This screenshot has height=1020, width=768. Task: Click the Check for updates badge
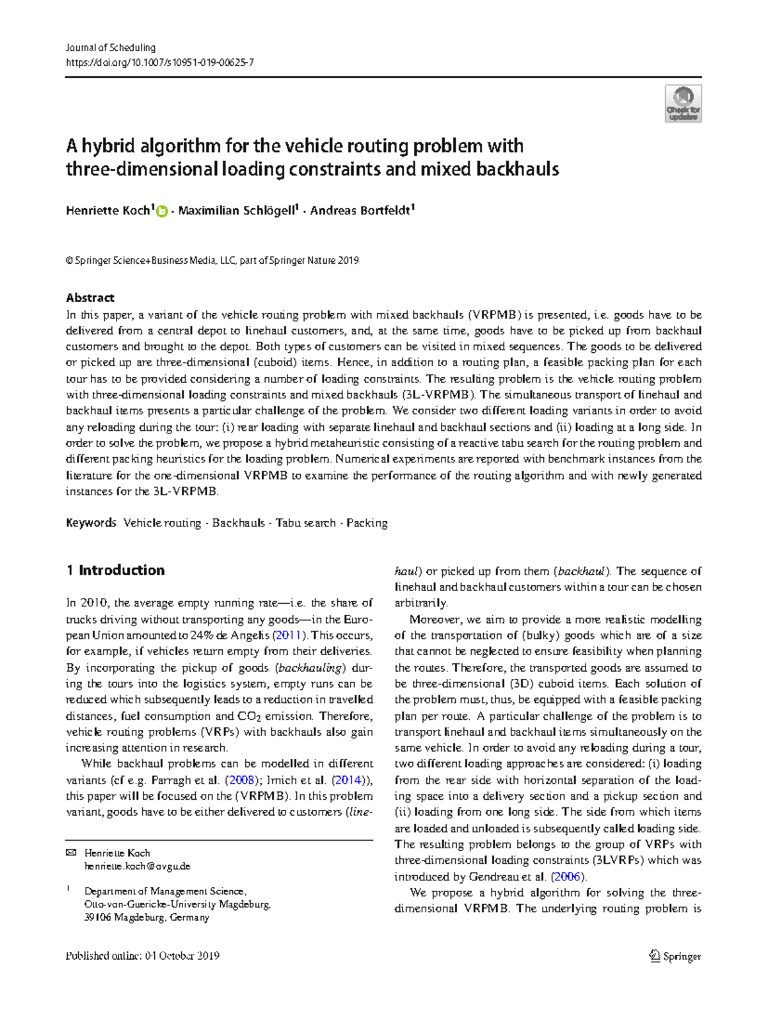[683, 104]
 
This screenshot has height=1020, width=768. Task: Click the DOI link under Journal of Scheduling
[159, 63]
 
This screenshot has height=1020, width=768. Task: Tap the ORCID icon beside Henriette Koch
[162, 211]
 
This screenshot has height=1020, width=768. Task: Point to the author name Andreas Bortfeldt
[360, 211]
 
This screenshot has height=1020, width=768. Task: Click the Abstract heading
[90, 298]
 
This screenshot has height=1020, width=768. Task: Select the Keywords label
[91, 523]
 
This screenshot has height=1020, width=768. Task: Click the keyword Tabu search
[305, 523]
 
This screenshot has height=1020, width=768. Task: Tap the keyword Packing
[367, 523]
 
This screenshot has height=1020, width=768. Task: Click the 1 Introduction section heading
[115, 571]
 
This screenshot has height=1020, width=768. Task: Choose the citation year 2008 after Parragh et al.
[242, 781]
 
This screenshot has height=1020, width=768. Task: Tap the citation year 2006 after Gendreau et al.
[567, 877]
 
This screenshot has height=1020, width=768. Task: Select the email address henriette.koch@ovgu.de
[137, 866]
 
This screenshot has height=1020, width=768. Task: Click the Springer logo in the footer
[675, 957]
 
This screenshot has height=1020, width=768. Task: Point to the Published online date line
[143, 956]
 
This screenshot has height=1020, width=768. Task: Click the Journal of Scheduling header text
[111, 48]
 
